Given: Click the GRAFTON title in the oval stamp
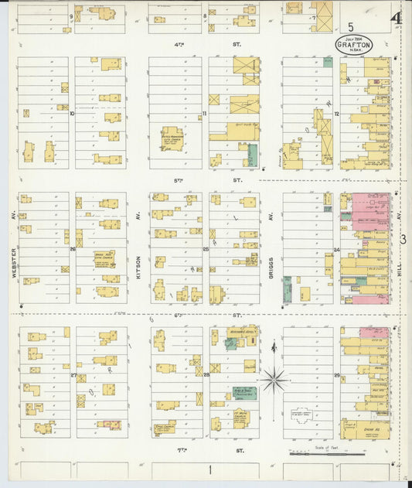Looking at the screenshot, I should click(x=354, y=46).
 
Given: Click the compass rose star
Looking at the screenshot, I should click(x=275, y=380).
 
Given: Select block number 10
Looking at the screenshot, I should click(x=72, y=113).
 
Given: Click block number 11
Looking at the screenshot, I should click(x=205, y=113).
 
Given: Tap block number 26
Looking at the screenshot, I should click(x=73, y=249).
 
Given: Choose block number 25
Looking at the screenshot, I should click(x=206, y=249).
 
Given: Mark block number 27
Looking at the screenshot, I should click(x=73, y=376).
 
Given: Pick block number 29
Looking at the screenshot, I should click(x=337, y=376).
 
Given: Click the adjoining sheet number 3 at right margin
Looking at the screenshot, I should click(x=404, y=239).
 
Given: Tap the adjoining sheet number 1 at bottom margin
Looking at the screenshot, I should click(x=209, y=469).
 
